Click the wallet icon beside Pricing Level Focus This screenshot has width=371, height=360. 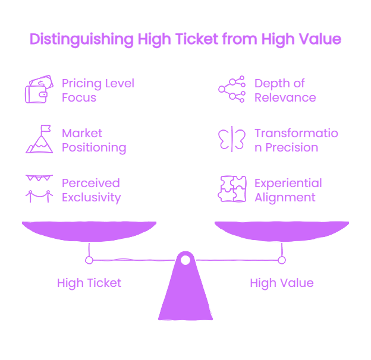tap(39, 89)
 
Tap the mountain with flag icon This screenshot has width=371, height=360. tap(39, 139)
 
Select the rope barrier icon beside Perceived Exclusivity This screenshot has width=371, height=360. tap(39, 189)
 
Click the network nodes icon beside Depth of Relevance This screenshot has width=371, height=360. tap(232, 89)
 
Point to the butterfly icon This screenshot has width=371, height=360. tap(232, 139)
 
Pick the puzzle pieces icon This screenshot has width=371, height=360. tap(232, 189)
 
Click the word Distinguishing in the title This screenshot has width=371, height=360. tap(81, 39)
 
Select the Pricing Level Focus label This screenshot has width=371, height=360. tap(98, 90)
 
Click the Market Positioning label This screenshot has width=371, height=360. tap(94, 141)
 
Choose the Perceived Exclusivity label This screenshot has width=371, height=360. tap(92, 190)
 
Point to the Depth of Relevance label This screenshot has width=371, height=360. tap(285, 90)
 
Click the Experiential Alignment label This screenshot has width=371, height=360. tap(288, 190)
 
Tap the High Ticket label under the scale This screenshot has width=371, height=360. tap(89, 283)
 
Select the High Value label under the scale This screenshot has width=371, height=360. tap(282, 283)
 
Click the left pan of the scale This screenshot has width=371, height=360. tap(89, 231)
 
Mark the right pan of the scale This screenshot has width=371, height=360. tap(282, 231)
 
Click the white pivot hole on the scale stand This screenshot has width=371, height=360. tap(185, 260)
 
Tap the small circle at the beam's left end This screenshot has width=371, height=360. tap(89, 260)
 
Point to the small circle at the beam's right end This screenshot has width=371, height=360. tap(282, 260)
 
